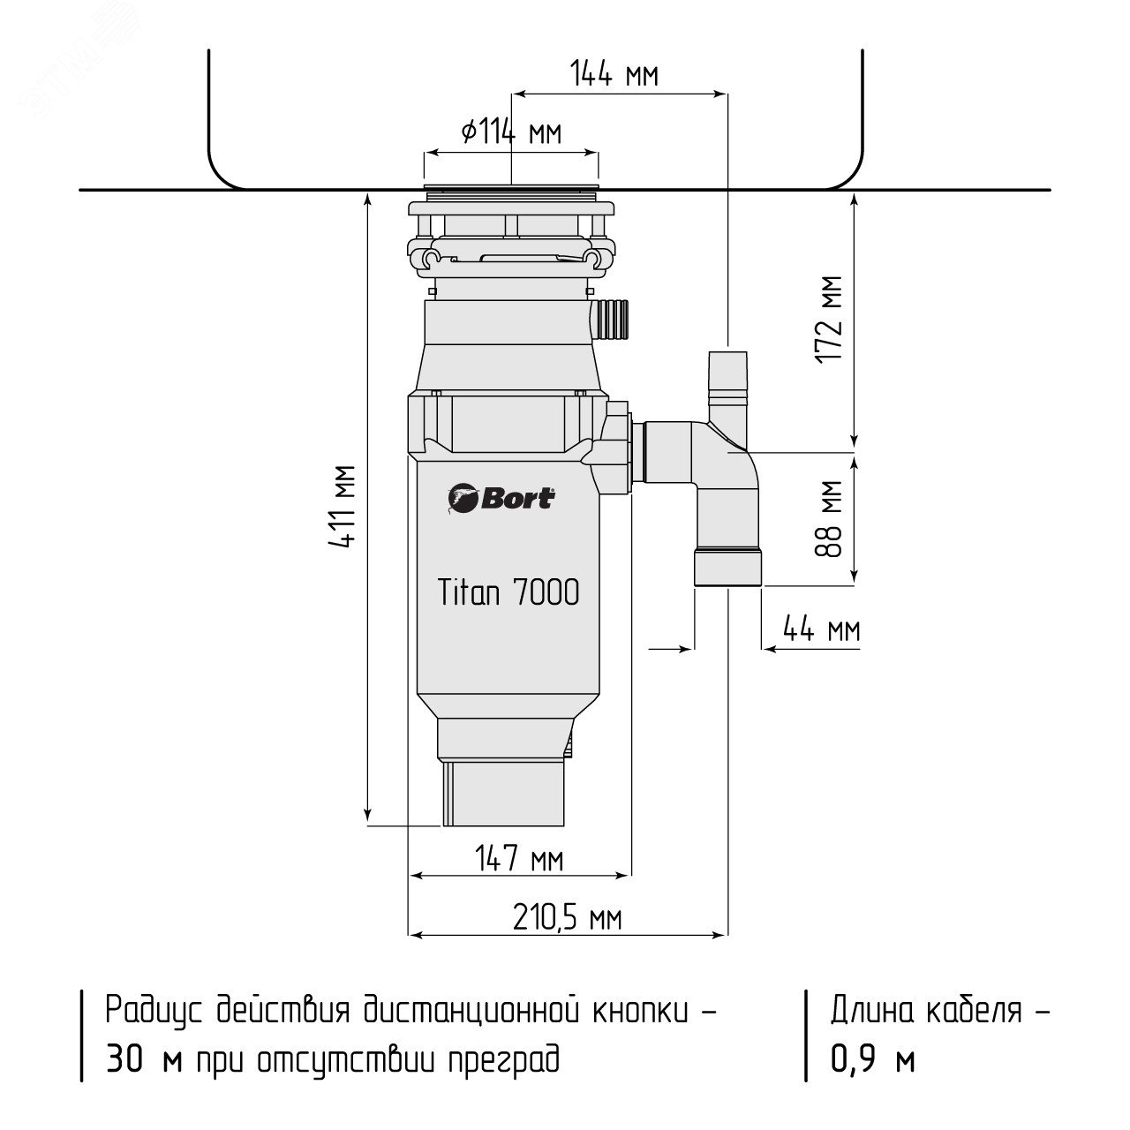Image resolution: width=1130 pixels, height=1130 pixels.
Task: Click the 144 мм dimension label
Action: pos(614,74)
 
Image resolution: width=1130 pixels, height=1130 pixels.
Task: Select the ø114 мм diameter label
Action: pos(511,132)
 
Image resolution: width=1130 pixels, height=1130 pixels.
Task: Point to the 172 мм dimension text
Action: pos(829,320)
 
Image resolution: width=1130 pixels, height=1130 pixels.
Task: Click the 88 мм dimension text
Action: pos(829,518)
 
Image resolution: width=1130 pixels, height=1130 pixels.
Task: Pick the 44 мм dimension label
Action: pos(822,630)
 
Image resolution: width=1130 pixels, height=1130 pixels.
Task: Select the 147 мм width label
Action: pos(519,860)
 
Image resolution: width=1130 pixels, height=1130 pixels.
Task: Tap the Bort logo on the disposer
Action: pos(501,500)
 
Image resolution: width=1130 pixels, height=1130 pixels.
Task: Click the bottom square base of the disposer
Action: pos(503,793)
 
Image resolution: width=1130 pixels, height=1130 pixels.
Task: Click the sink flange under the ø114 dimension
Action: pos(511,186)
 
